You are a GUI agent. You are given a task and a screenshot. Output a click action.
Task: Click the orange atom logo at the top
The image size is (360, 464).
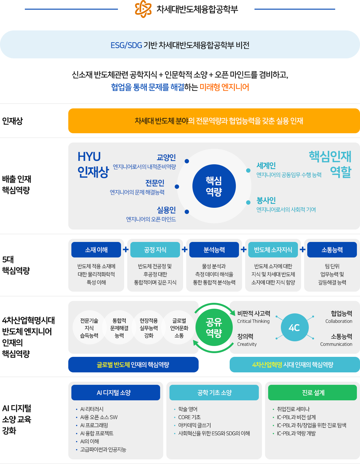pyautogui.click(x=143, y=9)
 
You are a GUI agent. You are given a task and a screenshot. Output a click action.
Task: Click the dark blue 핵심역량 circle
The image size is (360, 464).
pyautogui.click(x=214, y=186)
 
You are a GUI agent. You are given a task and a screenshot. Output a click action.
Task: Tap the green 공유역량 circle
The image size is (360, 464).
pyautogui.click(x=214, y=327)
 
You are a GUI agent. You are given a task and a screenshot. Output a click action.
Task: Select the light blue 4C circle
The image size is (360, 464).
pyautogui.click(x=295, y=327)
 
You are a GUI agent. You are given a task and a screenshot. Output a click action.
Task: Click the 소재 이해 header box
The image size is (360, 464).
pyautogui.click(x=96, y=250)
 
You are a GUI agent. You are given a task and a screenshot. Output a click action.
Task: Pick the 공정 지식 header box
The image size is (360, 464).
pyautogui.click(x=155, y=250)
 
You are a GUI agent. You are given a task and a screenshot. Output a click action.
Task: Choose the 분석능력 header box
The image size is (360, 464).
pyautogui.click(x=214, y=250)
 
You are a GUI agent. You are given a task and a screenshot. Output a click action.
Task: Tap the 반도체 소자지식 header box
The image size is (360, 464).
pyautogui.click(x=273, y=250)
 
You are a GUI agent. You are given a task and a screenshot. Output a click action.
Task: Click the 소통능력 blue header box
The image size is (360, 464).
pyautogui.click(x=332, y=250)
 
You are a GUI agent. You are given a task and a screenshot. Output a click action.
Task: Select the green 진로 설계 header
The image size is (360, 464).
pyautogui.click(x=313, y=393)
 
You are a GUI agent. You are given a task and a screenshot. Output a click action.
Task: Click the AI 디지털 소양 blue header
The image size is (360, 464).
pyautogui.click(x=116, y=393)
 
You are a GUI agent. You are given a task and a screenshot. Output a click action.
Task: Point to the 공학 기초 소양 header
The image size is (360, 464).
pyautogui.click(x=214, y=393)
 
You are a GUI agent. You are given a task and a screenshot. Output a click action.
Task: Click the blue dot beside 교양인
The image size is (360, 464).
pyautogui.click(x=187, y=161)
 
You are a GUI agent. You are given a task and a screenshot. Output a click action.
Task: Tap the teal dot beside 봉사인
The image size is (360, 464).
pyautogui.click(x=248, y=202)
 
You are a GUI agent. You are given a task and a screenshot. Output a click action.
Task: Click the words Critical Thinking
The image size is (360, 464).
pyautogui.click(x=253, y=321)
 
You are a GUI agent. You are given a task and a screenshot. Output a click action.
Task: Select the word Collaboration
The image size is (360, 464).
pyautogui.click(x=339, y=321)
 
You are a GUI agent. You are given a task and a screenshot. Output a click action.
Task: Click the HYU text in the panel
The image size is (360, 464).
pyautogui.click(x=89, y=157)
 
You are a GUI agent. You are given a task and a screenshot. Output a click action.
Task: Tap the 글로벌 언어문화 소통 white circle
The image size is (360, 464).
pyautogui.click(x=179, y=328)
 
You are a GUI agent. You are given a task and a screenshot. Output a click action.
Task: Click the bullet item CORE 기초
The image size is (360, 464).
pyautogui.click(x=189, y=417)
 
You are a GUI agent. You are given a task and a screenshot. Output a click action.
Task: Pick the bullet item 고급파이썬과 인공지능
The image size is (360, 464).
pyautogui.click(x=103, y=449)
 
